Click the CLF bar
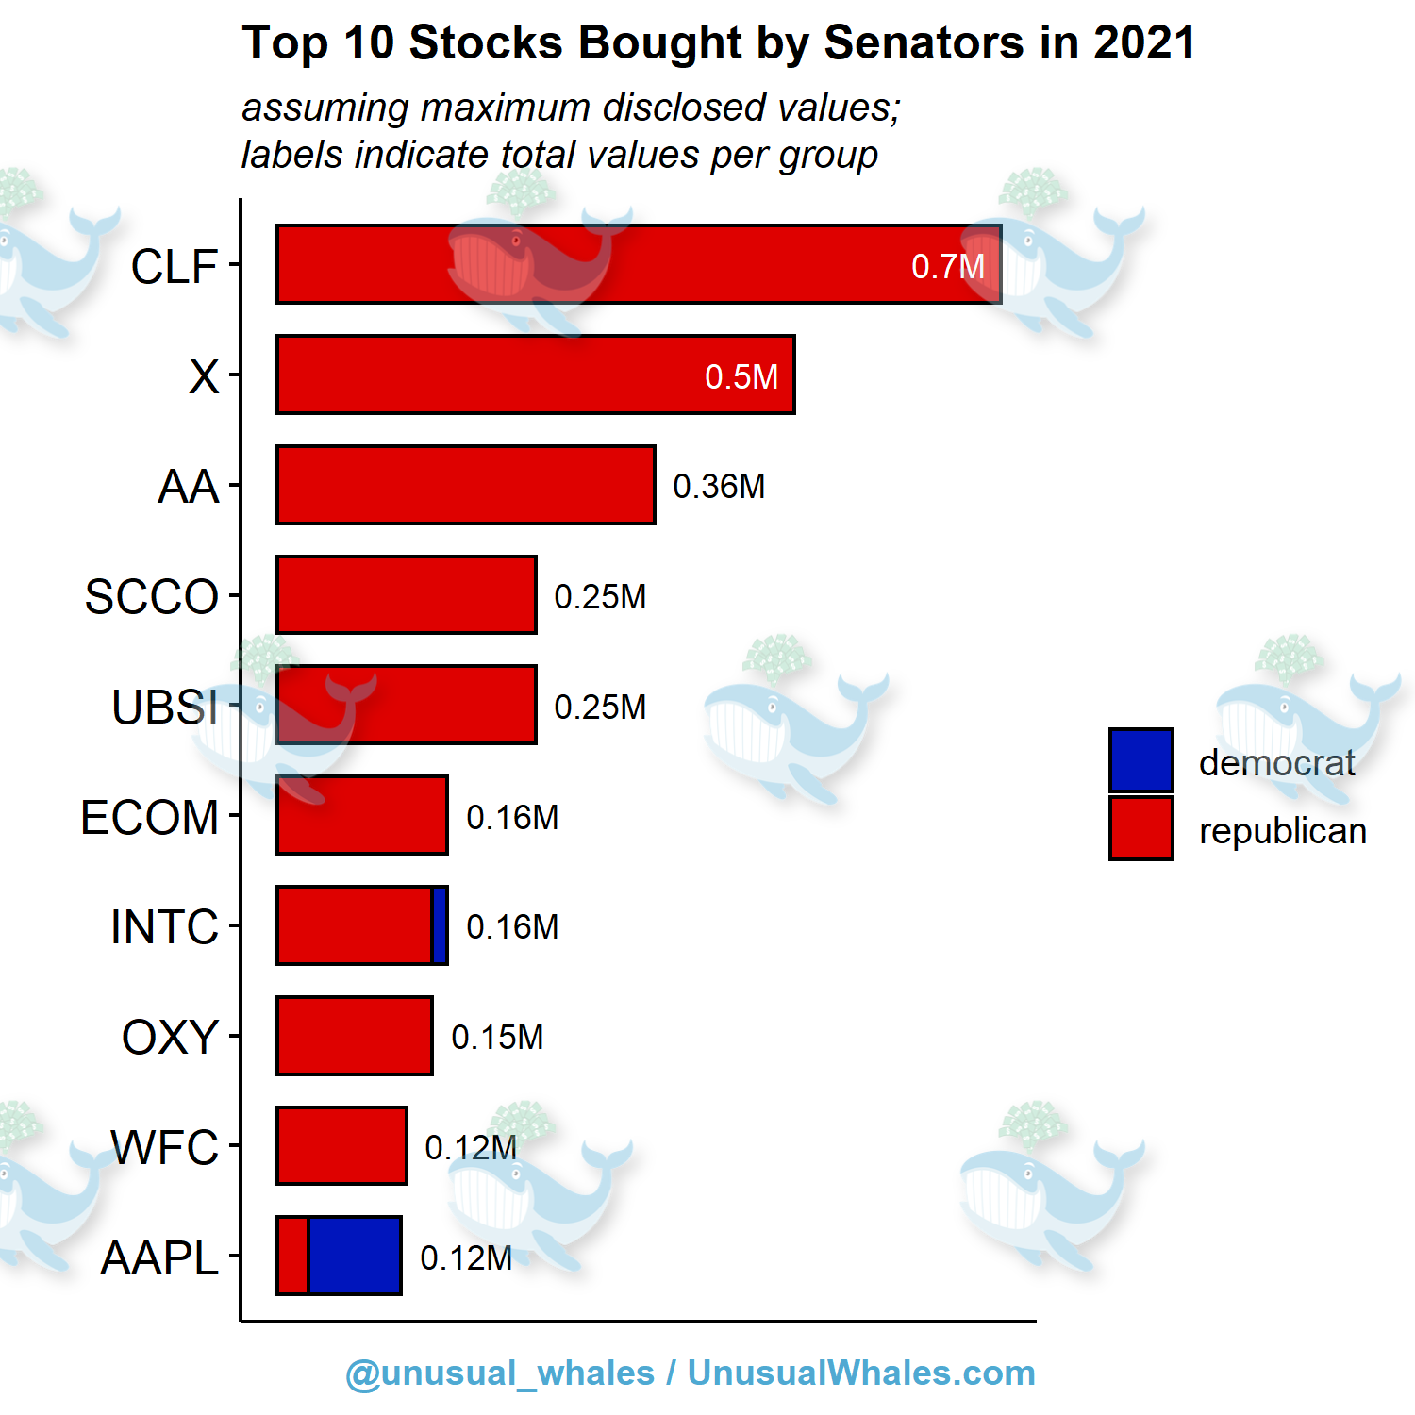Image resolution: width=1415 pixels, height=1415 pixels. pyautogui.click(x=638, y=264)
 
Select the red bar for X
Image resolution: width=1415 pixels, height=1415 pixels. pyautogui.click(x=535, y=375)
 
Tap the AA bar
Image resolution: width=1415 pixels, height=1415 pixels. pyautogui.click(x=465, y=485)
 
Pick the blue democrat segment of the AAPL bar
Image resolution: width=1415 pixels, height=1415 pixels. pyautogui.click(x=355, y=1256)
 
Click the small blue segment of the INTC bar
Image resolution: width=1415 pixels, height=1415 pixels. pyautogui.click(x=440, y=925)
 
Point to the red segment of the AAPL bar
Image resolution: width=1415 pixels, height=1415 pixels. pyautogui.click(x=292, y=1256)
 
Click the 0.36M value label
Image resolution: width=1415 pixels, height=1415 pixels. pyautogui.click(x=719, y=487)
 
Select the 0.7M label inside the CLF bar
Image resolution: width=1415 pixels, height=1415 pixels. pyautogui.click(x=947, y=267)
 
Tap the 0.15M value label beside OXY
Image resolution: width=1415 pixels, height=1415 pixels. pyautogui.click(x=497, y=1038)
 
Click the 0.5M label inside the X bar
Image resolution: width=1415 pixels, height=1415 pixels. pyautogui.click(x=741, y=377)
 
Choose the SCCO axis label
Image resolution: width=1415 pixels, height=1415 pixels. pyautogui.click(x=152, y=597)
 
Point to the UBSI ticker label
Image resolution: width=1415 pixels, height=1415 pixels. pyautogui.click(x=165, y=707)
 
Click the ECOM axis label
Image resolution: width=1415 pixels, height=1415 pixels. pyautogui.click(x=150, y=818)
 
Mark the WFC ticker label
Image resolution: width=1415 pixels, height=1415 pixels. pyautogui.click(x=165, y=1148)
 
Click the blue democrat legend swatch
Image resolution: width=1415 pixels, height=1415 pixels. pyautogui.click(x=1140, y=760)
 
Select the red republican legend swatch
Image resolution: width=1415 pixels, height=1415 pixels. pyautogui.click(x=1140, y=829)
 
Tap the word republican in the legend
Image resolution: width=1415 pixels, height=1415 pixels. pyautogui.click(x=1282, y=831)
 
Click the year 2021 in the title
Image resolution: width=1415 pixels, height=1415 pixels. pyautogui.click(x=1144, y=43)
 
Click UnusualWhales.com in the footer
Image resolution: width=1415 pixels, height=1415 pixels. pyautogui.click(x=860, y=1373)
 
